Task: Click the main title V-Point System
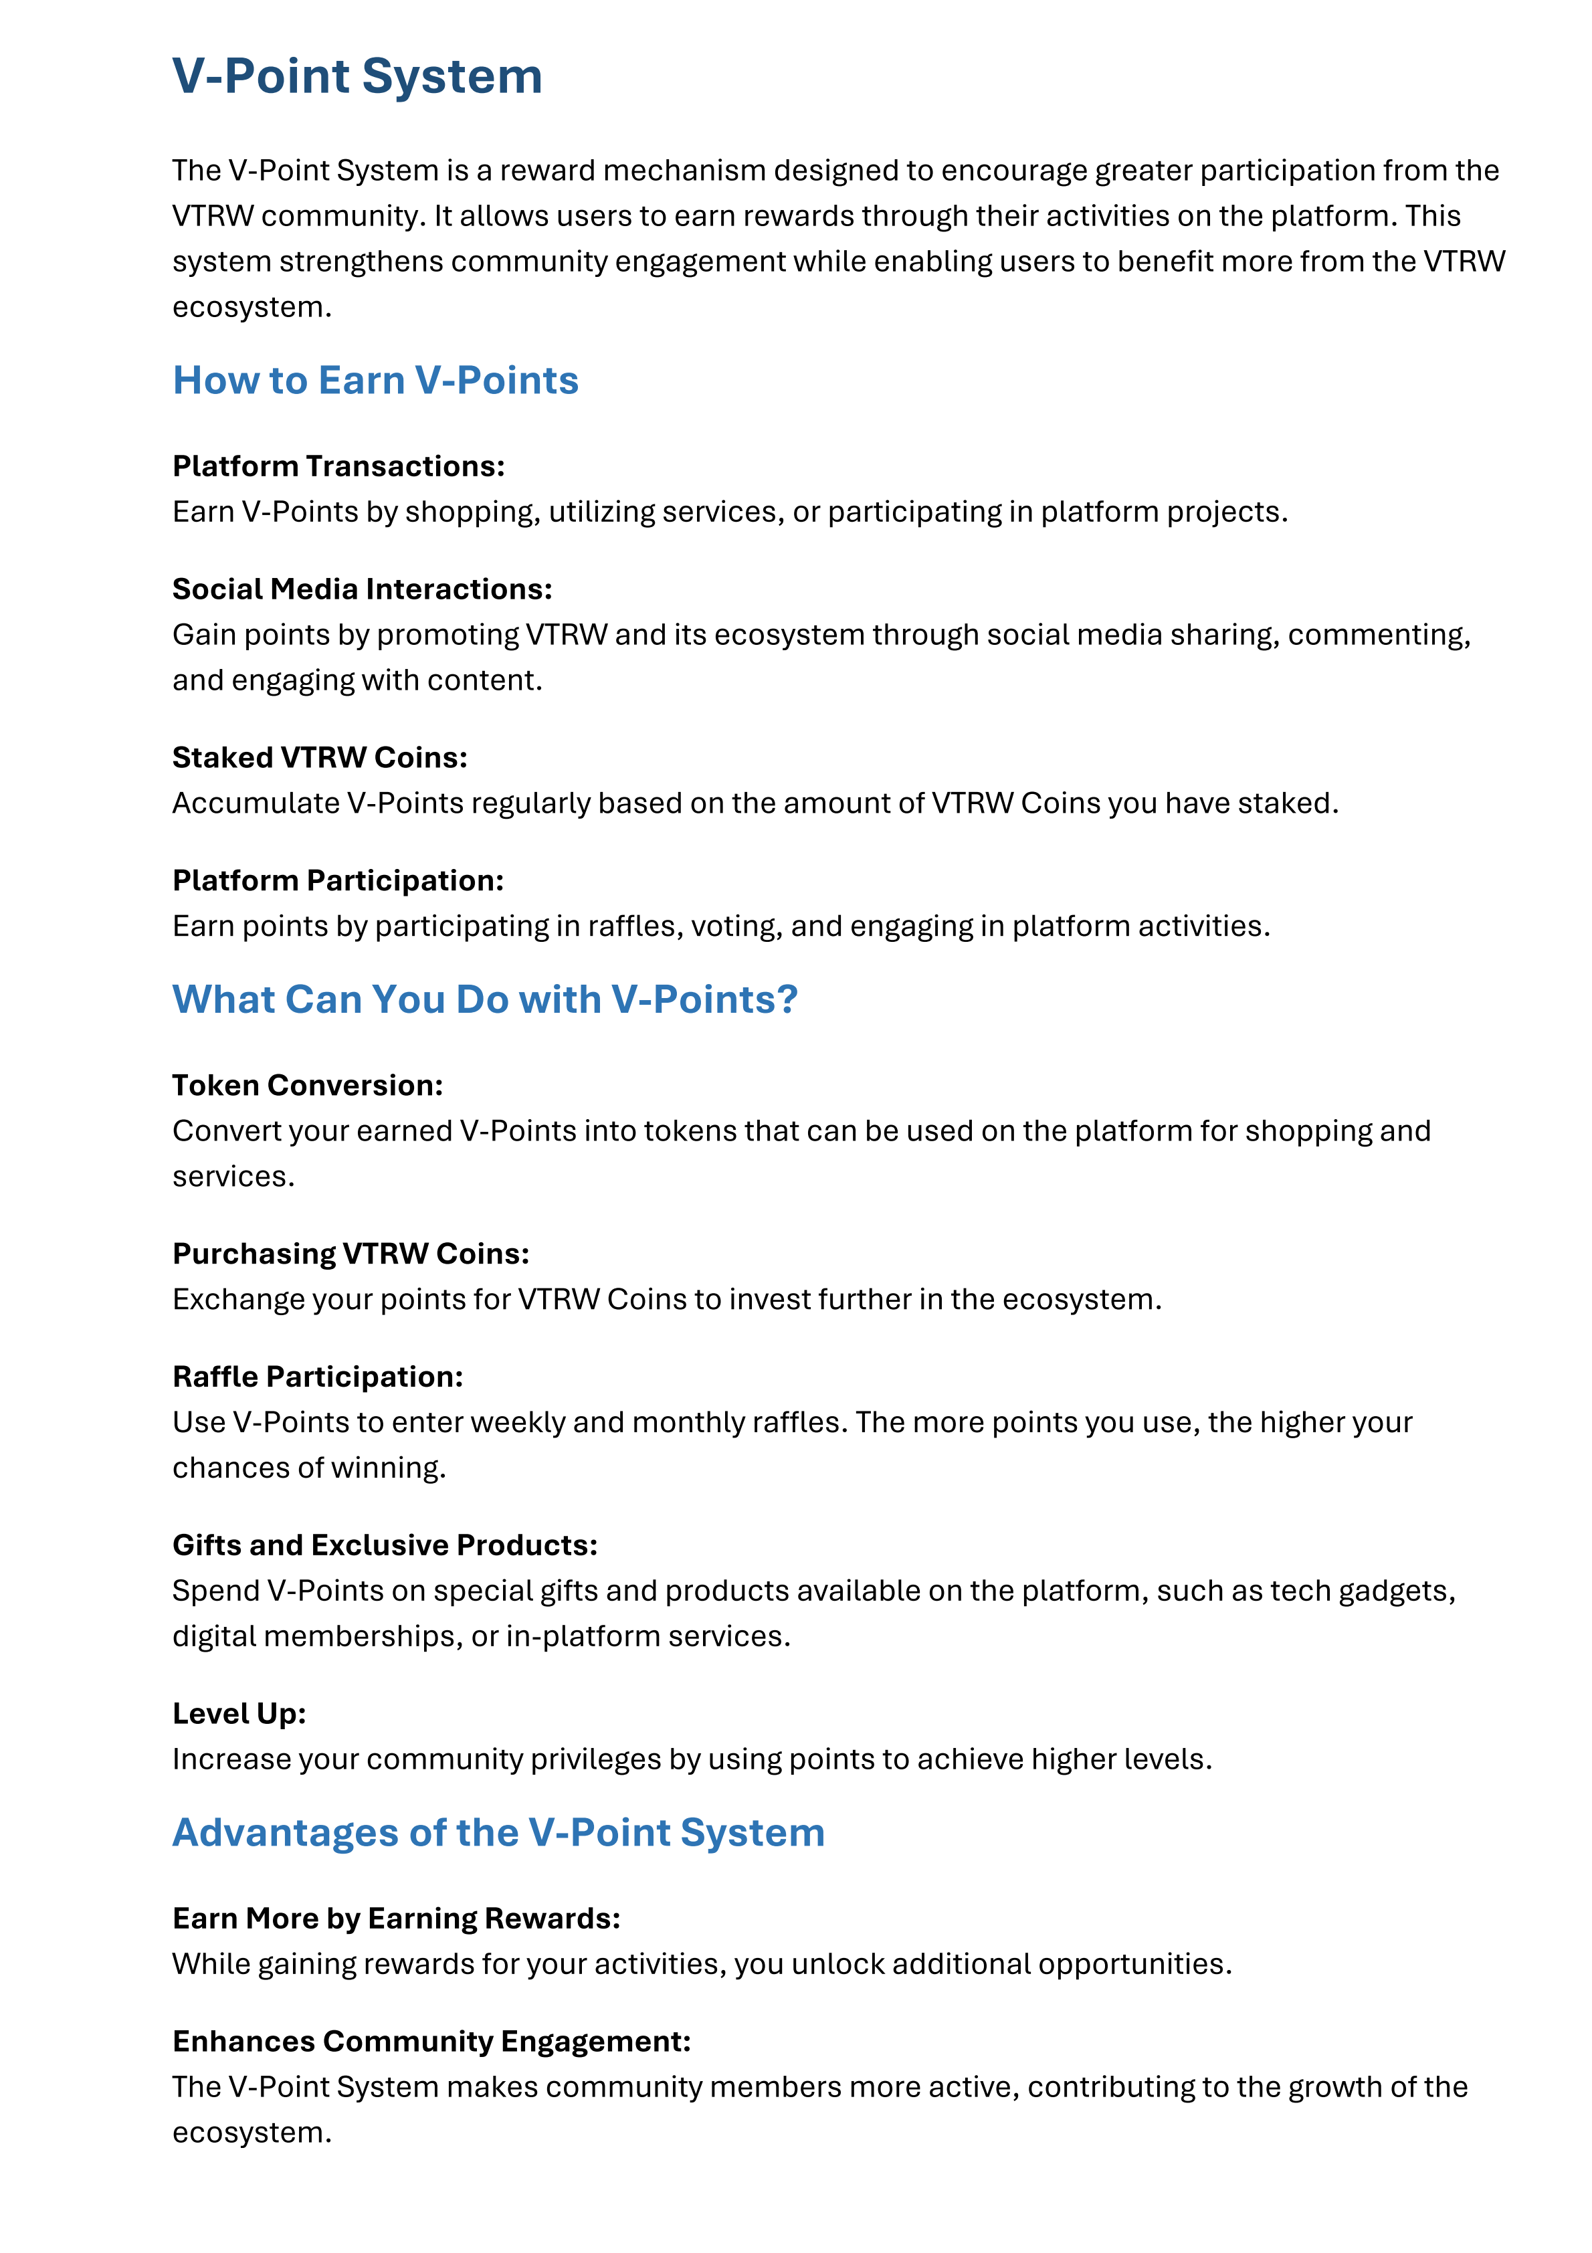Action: click(x=357, y=76)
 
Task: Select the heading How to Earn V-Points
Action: click(x=375, y=381)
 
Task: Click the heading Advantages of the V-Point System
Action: click(x=498, y=1832)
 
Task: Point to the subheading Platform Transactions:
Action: click(x=338, y=466)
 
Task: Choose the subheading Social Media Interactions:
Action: click(x=362, y=589)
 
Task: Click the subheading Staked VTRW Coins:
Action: click(x=320, y=757)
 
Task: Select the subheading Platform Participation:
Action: click(x=338, y=880)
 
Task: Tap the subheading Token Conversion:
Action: click(x=307, y=1085)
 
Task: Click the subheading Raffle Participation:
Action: click(x=317, y=1377)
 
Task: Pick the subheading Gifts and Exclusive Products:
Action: click(x=385, y=1545)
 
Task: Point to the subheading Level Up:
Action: click(x=239, y=1713)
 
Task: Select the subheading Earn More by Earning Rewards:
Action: click(x=395, y=1919)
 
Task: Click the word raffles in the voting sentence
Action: click(x=634, y=926)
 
